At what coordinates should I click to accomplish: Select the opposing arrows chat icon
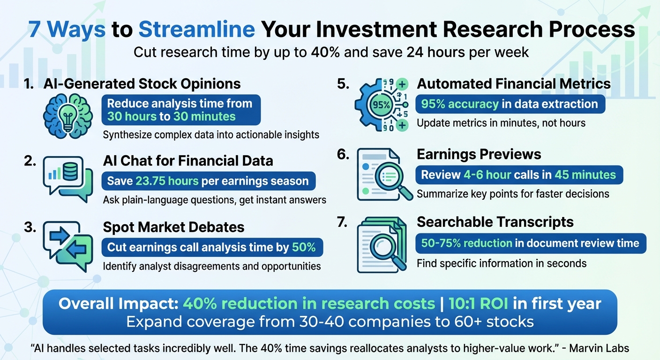coord(66,246)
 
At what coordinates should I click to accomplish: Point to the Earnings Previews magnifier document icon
coord(382,174)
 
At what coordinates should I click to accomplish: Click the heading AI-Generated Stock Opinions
coord(142,84)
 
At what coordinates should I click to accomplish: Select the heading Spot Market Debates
coord(173,227)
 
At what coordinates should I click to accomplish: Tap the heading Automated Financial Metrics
coord(514,84)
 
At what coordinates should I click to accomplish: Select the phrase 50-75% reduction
coord(459,243)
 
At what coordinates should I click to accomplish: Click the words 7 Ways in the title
coord(67,30)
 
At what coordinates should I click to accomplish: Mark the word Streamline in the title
coord(197,30)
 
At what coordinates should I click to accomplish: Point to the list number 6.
coord(343,154)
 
